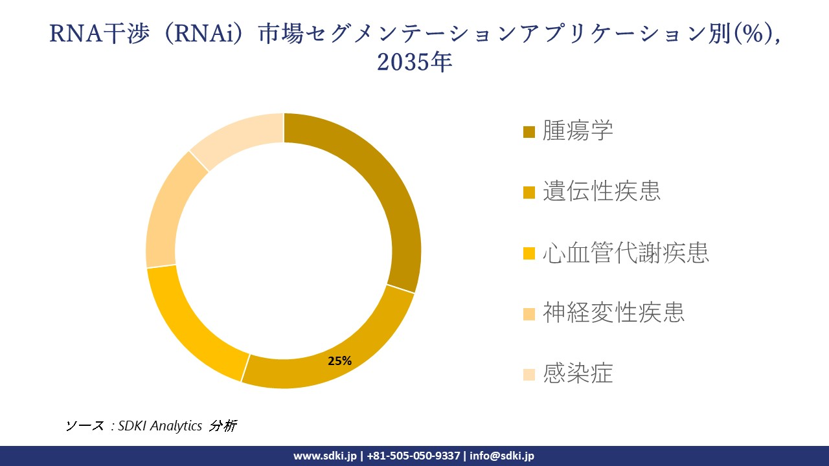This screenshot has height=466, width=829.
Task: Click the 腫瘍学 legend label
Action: (x=578, y=131)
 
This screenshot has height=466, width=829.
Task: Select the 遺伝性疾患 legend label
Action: (x=602, y=192)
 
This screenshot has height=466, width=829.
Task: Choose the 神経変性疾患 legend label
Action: (x=613, y=313)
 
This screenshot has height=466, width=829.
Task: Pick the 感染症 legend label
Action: (x=578, y=373)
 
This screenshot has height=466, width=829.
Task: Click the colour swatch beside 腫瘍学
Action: (x=529, y=132)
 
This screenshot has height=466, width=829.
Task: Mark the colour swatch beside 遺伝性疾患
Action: (x=529, y=192)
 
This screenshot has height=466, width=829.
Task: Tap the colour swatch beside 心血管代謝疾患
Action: (x=529, y=252)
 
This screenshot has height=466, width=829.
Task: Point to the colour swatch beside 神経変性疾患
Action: (x=529, y=313)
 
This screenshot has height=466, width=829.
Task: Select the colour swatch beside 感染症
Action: (x=529, y=374)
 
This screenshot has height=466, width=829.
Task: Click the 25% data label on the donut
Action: (x=339, y=361)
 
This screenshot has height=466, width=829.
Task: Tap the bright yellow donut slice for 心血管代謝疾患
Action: (x=188, y=324)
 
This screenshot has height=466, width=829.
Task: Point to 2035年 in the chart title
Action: (x=414, y=62)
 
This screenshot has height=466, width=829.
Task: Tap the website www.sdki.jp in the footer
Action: (x=324, y=456)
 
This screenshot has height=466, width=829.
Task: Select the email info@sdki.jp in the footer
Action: (x=502, y=456)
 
